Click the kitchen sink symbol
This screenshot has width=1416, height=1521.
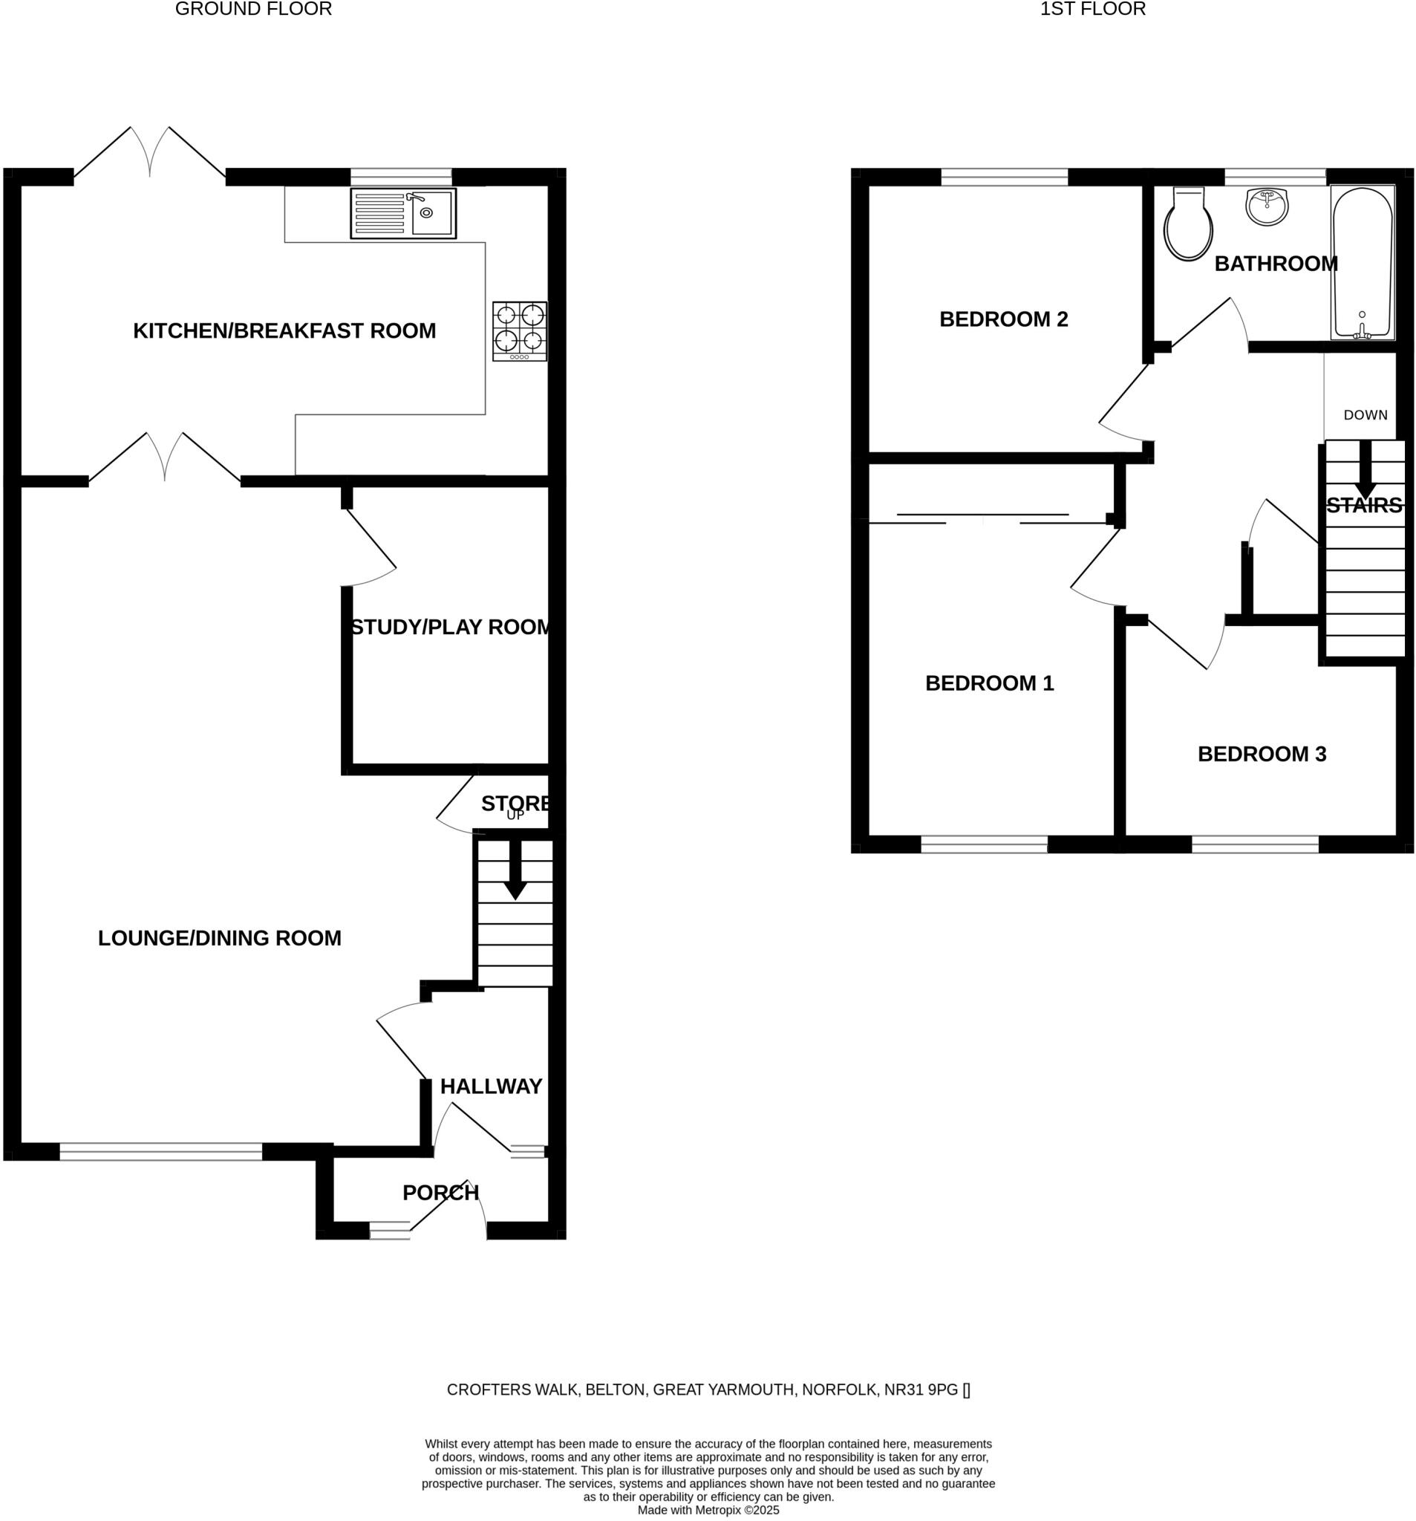coord(403,213)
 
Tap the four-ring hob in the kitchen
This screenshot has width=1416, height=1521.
coord(520,330)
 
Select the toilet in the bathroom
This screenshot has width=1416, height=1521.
coord(1187,225)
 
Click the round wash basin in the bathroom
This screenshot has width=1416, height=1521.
coord(1267,207)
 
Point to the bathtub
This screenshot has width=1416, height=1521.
coord(1362,262)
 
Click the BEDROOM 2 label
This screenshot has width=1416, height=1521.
coord(1003,319)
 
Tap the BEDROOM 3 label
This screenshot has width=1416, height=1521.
coord(1262,754)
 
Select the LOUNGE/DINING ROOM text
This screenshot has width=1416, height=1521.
coord(220,938)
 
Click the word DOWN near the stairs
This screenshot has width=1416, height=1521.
coord(1365,414)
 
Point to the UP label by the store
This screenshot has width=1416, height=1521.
coord(515,815)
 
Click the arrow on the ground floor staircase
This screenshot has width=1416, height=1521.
coord(515,871)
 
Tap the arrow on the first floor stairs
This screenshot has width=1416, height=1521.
coord(1365,471)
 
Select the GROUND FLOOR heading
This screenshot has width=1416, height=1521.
coord(253,9)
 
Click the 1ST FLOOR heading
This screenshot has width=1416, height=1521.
coord(1092,9)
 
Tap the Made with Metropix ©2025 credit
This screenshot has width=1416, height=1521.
coord(708,1511)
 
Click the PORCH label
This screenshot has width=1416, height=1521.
coord(440,1192)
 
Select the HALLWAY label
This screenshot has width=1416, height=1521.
coord(490,1087)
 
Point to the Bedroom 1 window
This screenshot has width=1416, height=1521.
coord(983,844)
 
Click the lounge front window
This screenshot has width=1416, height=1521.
coord(160,1151)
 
